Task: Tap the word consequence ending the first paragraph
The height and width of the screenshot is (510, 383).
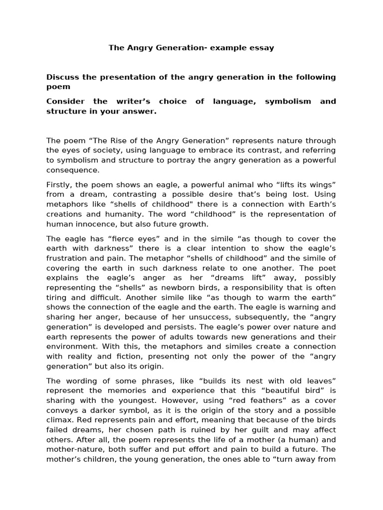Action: [73, 170]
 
